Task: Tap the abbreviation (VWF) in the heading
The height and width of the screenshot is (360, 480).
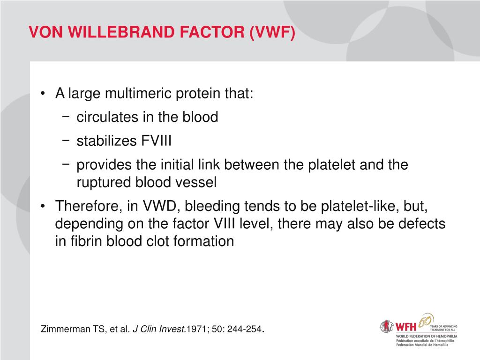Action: point(272,32)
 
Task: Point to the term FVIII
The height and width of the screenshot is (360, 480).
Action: point(156,141)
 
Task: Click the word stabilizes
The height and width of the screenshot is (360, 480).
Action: point(106,141)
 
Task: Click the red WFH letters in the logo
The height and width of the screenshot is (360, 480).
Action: point(406,327)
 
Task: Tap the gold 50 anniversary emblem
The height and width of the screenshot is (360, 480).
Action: point(426,321)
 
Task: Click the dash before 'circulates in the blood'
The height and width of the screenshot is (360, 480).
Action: point(66,117)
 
